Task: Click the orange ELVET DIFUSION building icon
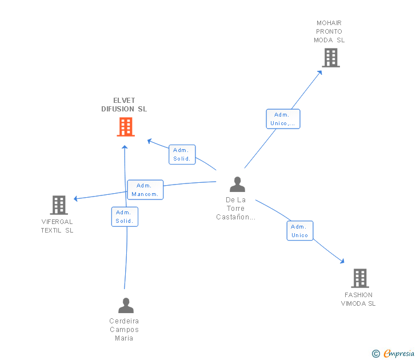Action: coord(125,127)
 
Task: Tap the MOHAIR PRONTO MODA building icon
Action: coord(330,58)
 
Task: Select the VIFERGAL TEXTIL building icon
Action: coord(59,205)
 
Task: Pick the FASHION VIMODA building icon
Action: coord(359,278)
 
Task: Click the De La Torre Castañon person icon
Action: coord(237,184)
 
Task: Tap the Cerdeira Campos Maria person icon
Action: coord(125,305)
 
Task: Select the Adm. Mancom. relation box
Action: coord(145,190)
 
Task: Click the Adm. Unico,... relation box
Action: coord(283,119)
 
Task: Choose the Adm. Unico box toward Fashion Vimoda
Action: coord(300,231)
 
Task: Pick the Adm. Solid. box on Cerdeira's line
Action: coord(125,217)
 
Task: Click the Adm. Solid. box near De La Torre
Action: coord(182,154)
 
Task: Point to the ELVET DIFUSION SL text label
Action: coord(124,105)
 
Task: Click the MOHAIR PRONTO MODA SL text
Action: coord(329,32)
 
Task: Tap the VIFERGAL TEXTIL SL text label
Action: coord(57,226)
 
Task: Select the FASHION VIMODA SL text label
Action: coord(358,299)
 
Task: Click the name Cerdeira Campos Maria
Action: coord(124,330)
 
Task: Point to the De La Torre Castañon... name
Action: coord(235,209)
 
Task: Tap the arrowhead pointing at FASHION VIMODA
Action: coord(342,262)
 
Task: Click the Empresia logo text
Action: coord(398,354)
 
